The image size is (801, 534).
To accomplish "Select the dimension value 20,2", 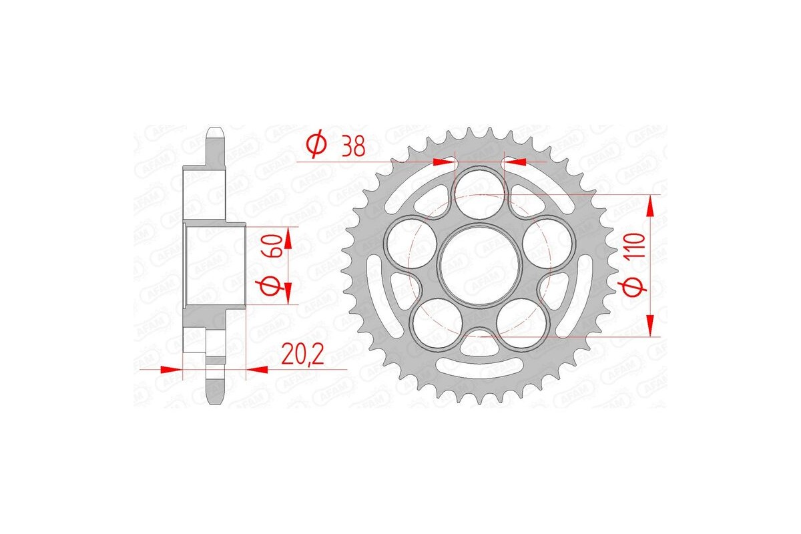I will (x=302, y=354).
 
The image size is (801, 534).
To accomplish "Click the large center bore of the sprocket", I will (x=479, y=265).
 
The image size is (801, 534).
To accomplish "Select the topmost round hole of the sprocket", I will (x=479, y=186).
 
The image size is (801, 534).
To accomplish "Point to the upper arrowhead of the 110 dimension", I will (x=649, y=206).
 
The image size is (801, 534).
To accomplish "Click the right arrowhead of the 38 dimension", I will (x=515, y=161).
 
